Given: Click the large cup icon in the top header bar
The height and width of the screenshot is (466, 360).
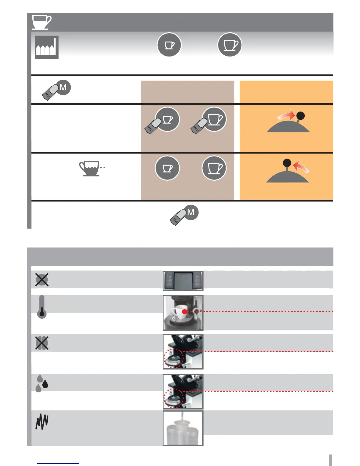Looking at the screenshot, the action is tap(41, 22).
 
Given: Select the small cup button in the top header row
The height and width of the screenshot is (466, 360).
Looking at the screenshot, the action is tap(169, 45).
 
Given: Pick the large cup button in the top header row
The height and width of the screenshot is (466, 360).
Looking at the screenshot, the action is tap(230, 45).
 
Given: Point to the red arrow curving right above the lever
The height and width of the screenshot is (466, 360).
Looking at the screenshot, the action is tap(286, 116).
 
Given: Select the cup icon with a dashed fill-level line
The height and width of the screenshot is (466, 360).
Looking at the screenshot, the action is tap(91, 169).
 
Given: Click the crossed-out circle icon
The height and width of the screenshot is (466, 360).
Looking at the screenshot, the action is tap(42, 279).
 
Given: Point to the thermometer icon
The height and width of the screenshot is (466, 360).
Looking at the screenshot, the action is tap(42, 307).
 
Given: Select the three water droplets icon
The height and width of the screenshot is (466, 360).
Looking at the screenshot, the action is tap(42, 383).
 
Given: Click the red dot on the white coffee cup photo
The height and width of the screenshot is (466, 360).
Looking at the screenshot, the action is tap(184, 312).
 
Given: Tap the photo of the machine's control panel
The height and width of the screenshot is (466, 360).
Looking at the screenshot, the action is tap(183, 280).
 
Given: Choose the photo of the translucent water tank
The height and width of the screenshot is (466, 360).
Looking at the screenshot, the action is tap(183, 428).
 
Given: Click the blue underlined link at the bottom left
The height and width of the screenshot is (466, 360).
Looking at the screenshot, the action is tap(58, 463).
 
